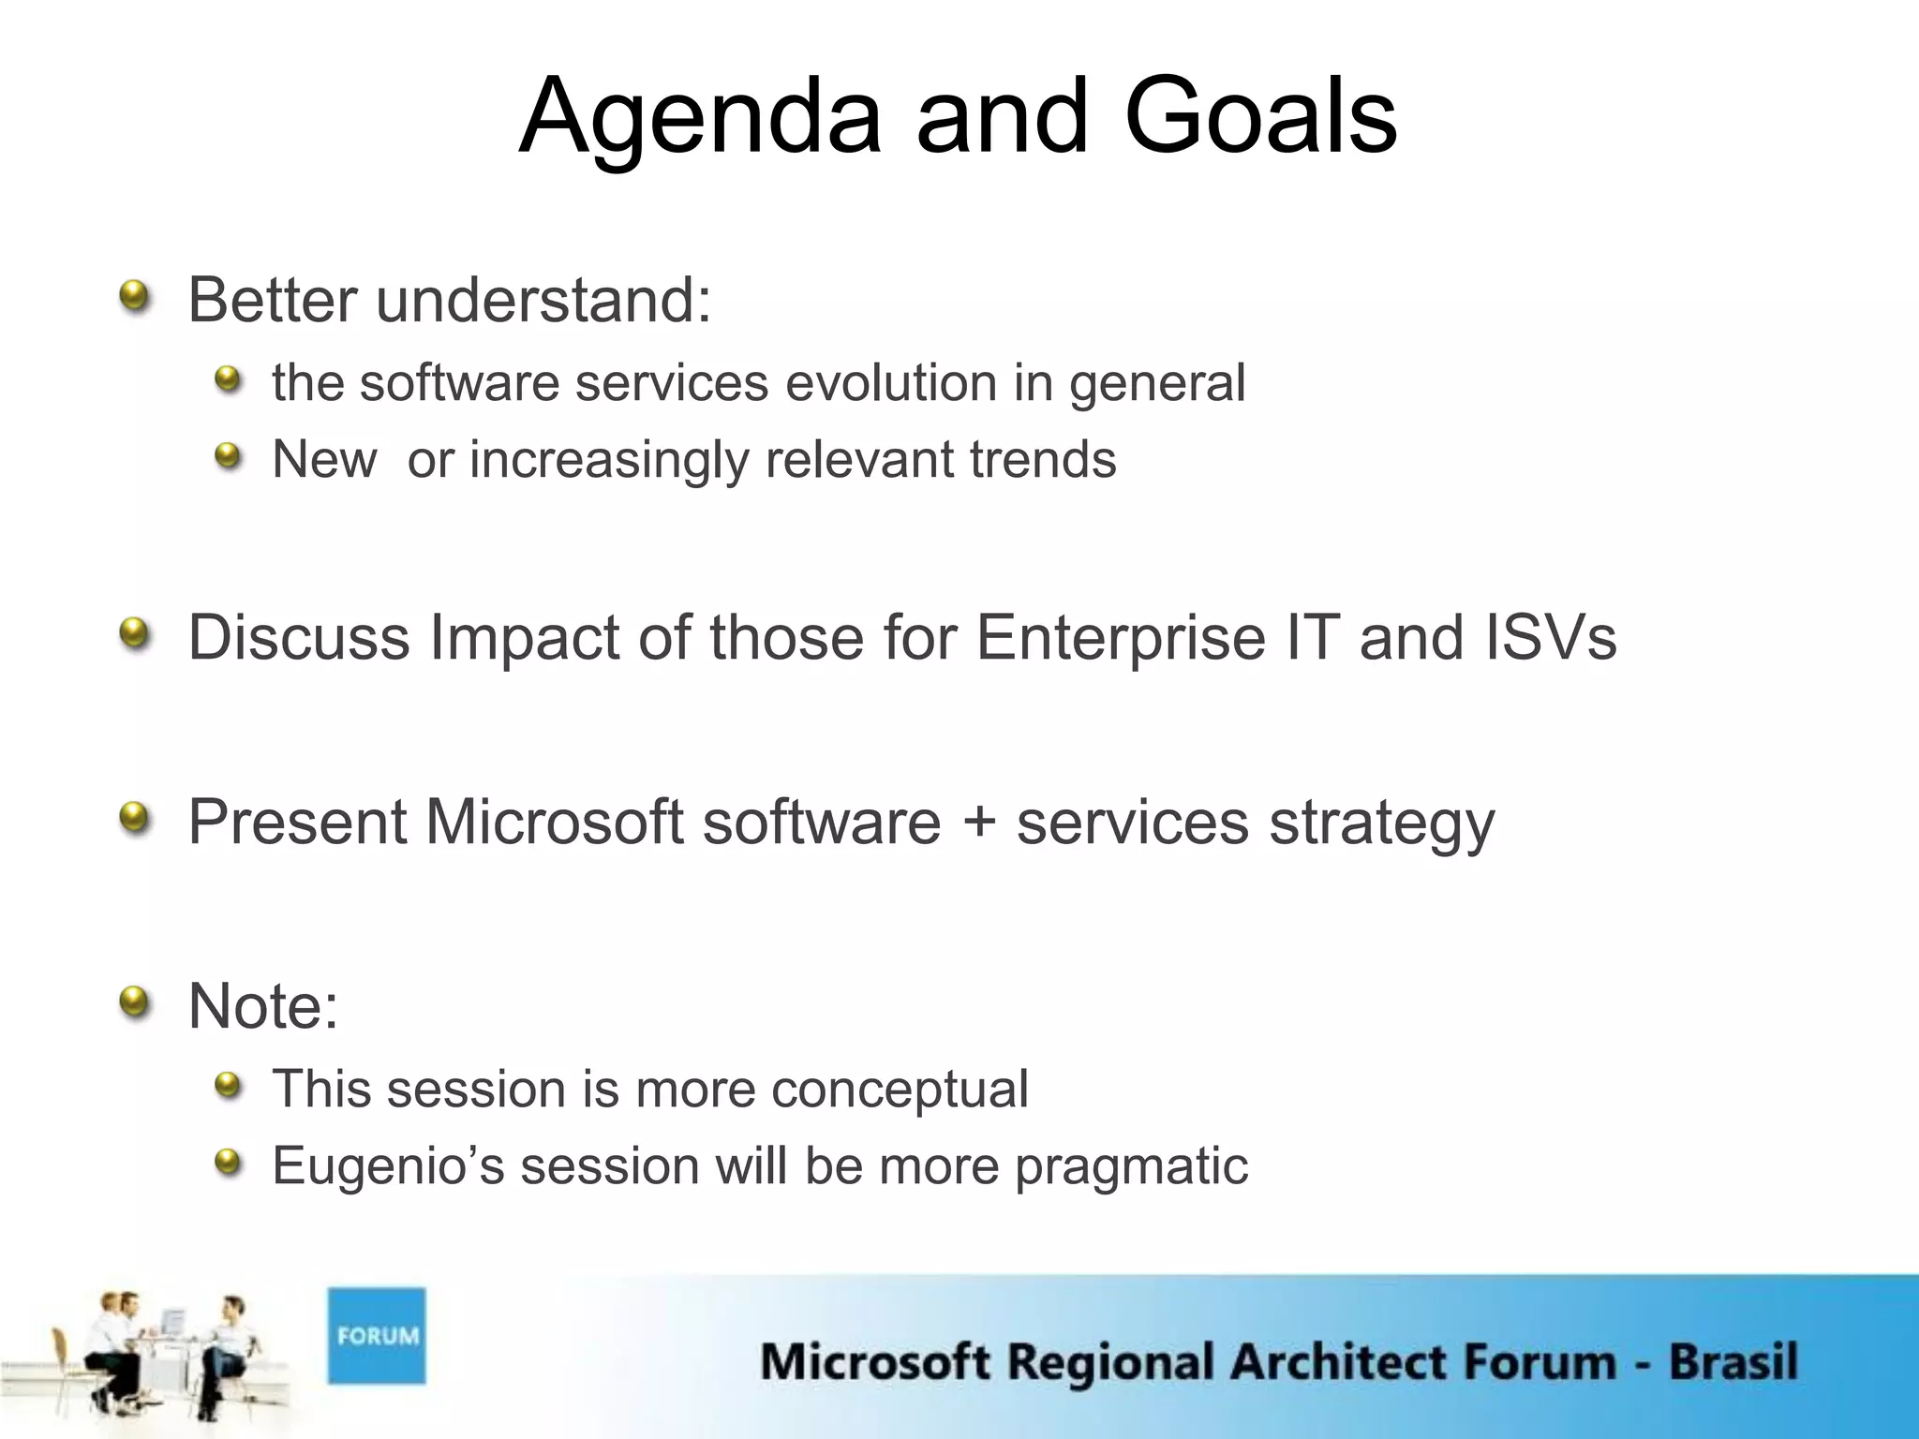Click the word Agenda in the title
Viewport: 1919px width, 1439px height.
(x=700, y=117)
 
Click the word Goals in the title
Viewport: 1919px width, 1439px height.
(x=1260, y=117)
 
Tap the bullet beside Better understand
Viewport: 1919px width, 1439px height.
(x=135, y=298)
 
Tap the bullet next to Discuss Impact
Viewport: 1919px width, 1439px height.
(x=135, y=634)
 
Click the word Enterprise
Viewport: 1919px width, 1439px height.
(x=1120, y=638)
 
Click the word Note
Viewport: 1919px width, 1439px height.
(x=262, y=1005)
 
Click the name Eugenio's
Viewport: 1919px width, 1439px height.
(x=388, y=1166)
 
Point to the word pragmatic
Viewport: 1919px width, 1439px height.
(x=1131, y=1166)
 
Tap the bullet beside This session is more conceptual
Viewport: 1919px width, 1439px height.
(x=228, y=1087)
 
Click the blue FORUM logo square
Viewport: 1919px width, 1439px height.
(x=376, y=1335)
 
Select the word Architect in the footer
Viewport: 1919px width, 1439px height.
(x=1321, y=1361)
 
